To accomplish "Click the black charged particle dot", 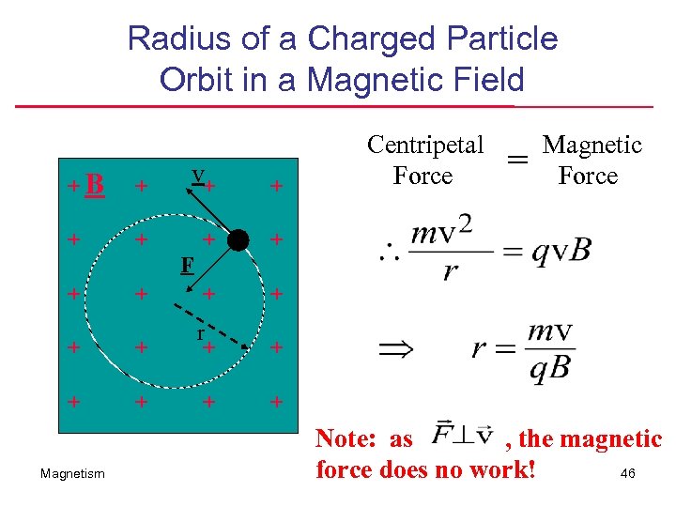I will (238, 240).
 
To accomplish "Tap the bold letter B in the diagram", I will (94, 185).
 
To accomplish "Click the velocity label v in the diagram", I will (196, 175).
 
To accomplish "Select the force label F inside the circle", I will (188, 265).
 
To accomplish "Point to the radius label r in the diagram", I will (200, 332).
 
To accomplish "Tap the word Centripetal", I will (425, 145).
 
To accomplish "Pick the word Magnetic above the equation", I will (591, 145).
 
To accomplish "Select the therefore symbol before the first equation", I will (389, 252).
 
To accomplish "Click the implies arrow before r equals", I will (395, 350).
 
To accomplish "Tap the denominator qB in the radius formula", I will (549, 368).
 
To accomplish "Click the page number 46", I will (627, 473).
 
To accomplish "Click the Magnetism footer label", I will (73, 474).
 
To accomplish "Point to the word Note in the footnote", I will (346, 438).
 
